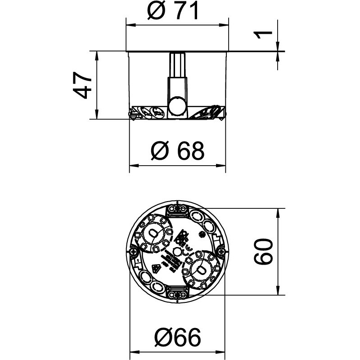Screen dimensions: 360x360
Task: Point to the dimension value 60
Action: click(x=263, y=252)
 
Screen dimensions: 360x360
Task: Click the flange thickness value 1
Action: click(x=265, y=34)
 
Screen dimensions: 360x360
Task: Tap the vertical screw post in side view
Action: click(x=177, y=76)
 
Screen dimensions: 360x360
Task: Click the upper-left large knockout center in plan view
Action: click(x=153, y=233)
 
